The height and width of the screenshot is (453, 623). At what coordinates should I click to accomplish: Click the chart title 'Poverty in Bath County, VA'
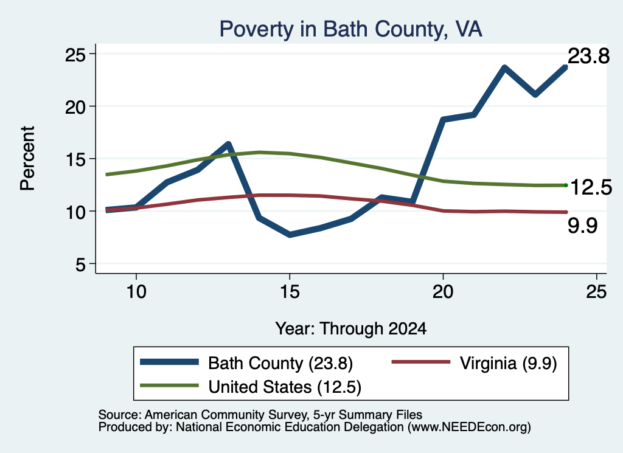pos(351,29)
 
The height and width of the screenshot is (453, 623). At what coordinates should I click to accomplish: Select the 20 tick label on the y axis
pos(75,106)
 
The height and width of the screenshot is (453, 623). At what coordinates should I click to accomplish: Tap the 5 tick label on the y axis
pos(81,264)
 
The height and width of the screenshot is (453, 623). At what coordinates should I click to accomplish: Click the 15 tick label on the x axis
pos(290,292)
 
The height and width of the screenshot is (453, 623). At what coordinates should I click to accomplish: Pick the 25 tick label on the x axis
pos(596,292)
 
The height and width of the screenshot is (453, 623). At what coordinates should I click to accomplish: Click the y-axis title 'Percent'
pos(28,159)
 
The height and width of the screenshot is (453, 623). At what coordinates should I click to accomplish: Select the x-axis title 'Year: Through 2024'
pos(351,329)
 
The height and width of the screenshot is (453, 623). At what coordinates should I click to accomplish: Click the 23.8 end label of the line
pos(588,56)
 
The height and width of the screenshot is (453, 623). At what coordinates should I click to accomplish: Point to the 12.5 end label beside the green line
pos(591,187)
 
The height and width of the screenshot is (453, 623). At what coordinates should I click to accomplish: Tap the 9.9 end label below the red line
pos(582,226)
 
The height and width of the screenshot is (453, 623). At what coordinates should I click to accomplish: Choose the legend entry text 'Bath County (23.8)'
pos(280,363)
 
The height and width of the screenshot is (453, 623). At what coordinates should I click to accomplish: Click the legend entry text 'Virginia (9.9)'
pos(509,363)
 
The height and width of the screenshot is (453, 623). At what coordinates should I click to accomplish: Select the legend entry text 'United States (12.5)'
pos(285,387)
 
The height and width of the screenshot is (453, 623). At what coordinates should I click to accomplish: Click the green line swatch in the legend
pos(169,386)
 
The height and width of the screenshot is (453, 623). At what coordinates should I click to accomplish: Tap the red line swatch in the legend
pos(421,362)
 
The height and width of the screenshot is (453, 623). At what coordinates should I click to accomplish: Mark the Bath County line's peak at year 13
pos(228,144)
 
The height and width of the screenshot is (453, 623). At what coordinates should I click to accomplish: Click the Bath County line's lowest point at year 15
pos(290,235)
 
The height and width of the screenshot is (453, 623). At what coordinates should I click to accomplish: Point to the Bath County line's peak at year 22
pos(504,68)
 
